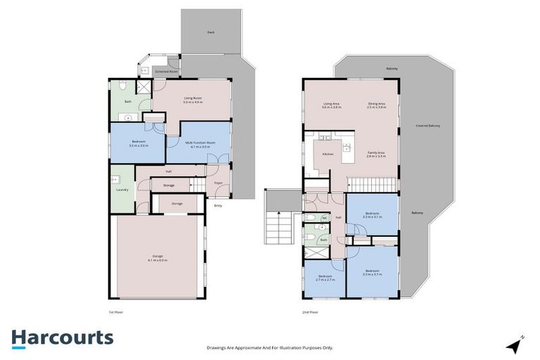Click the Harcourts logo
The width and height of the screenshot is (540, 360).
62,337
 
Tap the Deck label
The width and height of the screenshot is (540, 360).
210,32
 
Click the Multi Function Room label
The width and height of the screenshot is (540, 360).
200,143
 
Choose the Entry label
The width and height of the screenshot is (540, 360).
218,205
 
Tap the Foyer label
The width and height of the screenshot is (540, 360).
219,184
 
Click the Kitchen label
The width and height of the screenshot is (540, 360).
327,154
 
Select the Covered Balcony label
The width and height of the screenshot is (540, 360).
428,126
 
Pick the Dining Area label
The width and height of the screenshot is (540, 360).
375,103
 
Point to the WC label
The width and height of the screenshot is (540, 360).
325,218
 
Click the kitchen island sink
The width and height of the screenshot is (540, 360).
347,148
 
